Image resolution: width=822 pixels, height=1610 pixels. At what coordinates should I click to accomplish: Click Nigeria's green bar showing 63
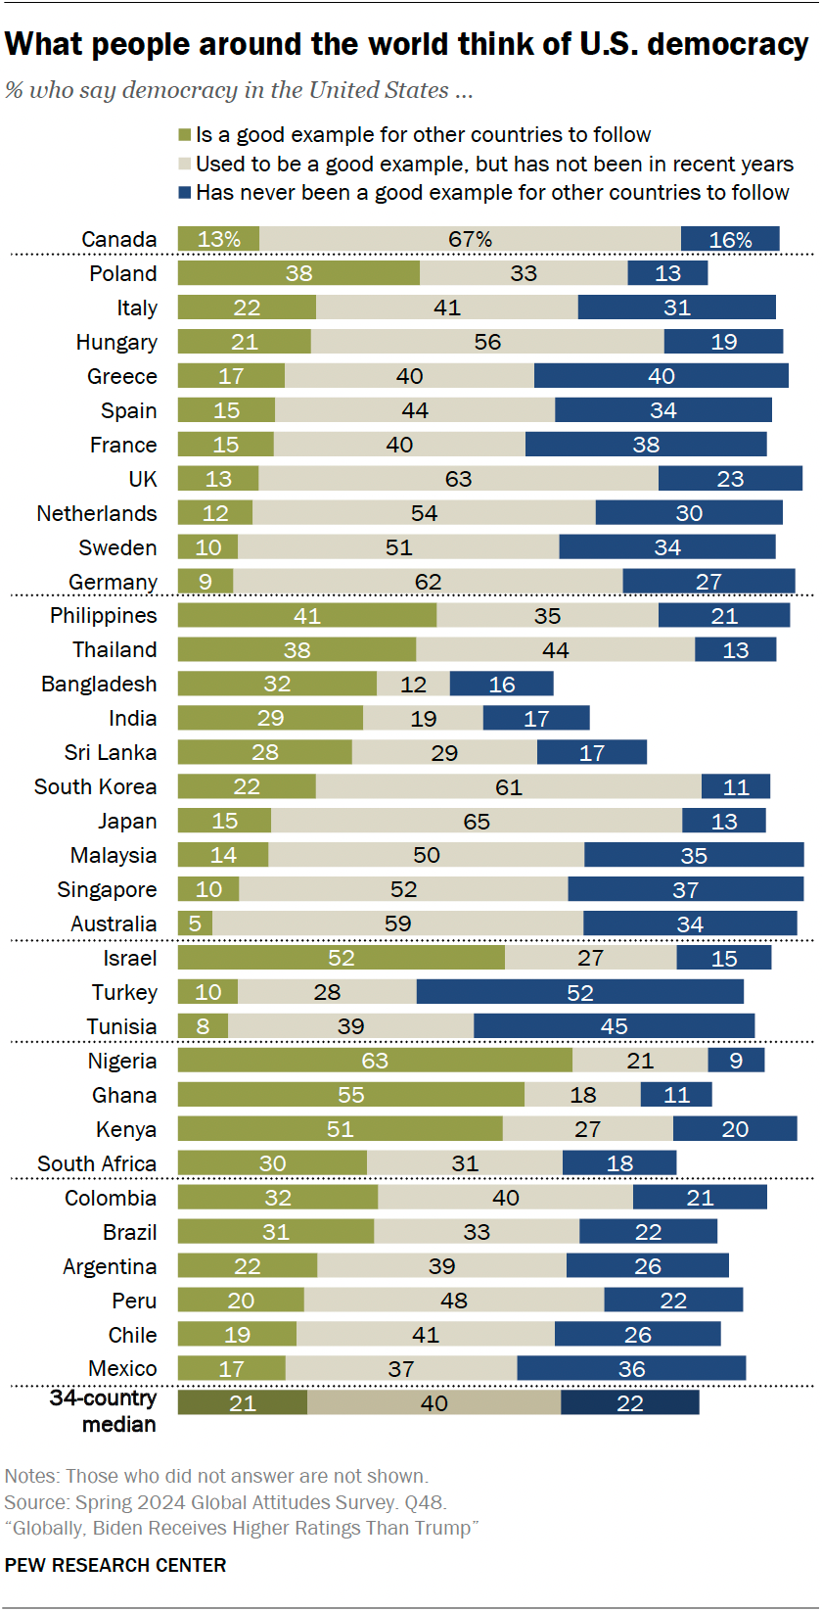[375, 1060]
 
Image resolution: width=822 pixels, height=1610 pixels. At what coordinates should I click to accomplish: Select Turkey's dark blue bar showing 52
[579, 992]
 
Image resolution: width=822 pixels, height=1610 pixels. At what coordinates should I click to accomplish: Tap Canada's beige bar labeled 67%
[470, 239]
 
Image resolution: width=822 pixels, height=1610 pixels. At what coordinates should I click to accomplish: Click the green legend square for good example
[184, 135]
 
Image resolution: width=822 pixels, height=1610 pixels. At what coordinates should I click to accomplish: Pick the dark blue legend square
[184, 193]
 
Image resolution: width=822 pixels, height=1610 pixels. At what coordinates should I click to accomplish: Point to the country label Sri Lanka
[110, 752]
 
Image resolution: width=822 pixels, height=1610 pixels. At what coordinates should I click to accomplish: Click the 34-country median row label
[104, 1410]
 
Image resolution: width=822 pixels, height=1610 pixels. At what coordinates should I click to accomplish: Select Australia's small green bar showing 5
[195, 923]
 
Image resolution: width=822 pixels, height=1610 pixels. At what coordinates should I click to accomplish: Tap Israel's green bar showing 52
[341, 958]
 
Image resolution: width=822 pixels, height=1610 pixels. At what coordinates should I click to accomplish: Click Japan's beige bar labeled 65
[477, 821]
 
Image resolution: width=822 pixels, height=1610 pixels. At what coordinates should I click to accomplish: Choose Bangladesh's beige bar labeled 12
[413, 684]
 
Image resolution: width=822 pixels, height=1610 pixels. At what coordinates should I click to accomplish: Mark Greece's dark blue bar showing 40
[661, 376]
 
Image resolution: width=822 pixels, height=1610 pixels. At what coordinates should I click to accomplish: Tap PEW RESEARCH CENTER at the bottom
[115, 1565]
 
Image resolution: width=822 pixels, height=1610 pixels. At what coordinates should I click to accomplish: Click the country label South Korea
[95, 786]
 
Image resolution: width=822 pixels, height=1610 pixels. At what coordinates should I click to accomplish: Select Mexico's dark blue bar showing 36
[631, 1368]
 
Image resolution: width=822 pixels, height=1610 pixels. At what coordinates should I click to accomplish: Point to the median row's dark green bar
[242, 1402]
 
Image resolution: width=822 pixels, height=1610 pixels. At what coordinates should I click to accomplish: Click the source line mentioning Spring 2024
[225, 1502]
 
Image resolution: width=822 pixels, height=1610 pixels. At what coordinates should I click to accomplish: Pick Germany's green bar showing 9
[205, 582]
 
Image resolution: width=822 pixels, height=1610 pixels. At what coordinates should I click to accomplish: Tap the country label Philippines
[103, 615]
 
